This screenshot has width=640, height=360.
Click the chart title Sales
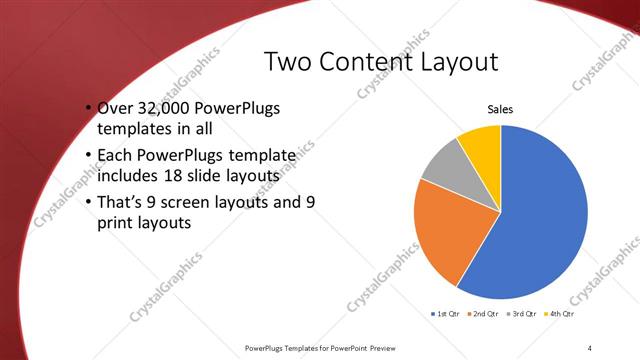500,110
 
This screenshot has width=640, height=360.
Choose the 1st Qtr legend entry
444,313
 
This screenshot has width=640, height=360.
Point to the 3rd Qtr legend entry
525,313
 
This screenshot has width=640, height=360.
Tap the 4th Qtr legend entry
562,313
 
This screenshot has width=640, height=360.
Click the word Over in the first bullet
114,108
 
